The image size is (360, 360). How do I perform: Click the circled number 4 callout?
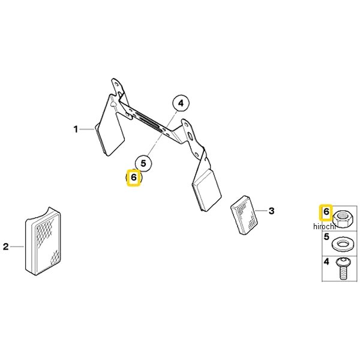pos(181,103)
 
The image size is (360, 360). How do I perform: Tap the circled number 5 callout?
pos(143,163)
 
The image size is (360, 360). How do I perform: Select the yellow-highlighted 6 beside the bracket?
pos(133,177)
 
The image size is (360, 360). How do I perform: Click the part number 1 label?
pos(76,129)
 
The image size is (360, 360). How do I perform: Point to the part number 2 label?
pos(6,247)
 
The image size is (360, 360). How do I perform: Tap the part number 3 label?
pos(272,211)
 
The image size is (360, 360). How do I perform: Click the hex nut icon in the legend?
pos(342,218)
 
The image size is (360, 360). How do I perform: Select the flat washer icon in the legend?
pos(341,244)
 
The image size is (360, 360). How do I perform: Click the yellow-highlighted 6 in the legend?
pos(326,212)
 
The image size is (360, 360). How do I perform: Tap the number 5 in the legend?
pos(326,236)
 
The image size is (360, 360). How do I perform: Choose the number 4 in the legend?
pos(326,262)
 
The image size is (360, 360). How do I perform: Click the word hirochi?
pos(325,226)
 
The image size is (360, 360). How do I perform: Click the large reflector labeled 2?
pos(43,241)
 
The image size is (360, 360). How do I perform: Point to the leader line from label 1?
pos(87,130)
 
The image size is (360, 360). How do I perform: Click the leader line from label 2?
pos(17,247)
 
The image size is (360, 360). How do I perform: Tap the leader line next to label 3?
pos(261,211)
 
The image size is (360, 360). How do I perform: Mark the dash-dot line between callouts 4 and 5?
pos(161,133)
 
